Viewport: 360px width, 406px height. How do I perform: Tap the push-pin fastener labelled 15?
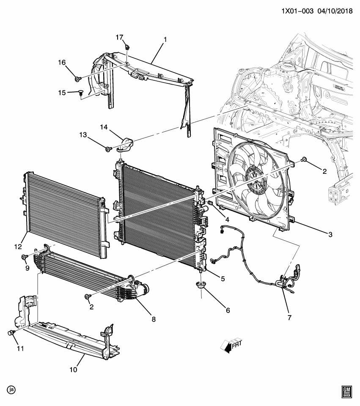click(81, 93)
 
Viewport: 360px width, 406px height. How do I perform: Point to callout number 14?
click(104, 126)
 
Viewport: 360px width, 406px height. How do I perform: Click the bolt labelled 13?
click(109, 148)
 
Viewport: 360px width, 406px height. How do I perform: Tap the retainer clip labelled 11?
click(12, 334)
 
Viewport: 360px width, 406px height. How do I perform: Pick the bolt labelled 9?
click(24, 257)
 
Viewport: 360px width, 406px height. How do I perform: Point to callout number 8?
click(154, 319)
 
